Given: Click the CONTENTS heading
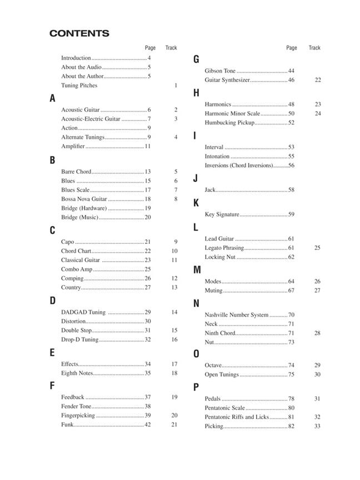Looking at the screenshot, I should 79,33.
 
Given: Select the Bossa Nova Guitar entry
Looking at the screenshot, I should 84,199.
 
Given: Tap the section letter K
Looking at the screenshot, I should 196,203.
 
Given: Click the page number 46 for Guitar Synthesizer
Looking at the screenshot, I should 291,80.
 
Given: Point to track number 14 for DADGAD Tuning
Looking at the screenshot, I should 174,312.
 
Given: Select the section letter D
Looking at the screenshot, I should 53,301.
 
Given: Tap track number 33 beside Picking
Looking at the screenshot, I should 317,426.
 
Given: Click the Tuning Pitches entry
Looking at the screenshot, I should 79,86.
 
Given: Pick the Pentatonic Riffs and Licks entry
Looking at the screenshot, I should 237,417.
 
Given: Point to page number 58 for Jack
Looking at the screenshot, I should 291,190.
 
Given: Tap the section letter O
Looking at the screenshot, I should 196,354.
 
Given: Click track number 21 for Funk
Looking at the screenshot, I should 174,424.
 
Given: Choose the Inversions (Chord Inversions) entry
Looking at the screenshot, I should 239,166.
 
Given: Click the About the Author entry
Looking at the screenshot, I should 82,76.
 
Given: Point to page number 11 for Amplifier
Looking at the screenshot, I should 148,146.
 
